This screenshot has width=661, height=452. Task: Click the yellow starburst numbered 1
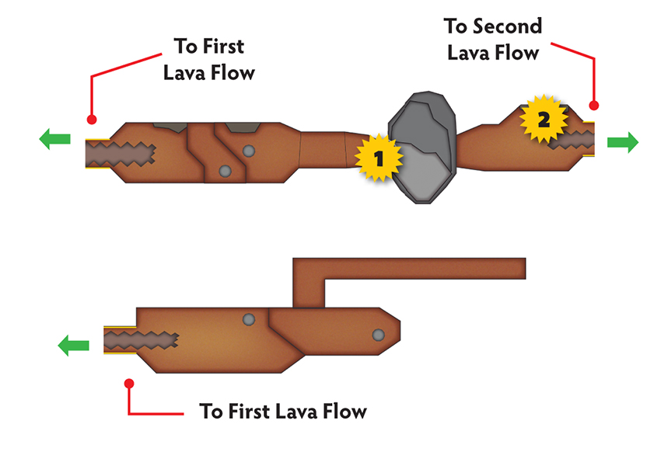379,158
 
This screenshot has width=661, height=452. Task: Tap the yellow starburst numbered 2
544,119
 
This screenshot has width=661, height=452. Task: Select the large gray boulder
422,148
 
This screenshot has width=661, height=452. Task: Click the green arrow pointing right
623,142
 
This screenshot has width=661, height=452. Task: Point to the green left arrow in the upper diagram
54,139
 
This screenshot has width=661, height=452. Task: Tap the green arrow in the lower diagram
73,346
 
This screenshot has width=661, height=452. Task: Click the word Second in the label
507,26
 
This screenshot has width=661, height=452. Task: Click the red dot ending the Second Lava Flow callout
593,105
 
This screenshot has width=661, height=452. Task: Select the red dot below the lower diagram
129,384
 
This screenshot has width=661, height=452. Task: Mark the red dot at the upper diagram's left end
92,120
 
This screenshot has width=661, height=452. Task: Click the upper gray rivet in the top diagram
249,151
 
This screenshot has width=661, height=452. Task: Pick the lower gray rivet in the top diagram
225,172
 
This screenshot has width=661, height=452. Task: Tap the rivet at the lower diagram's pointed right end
378,335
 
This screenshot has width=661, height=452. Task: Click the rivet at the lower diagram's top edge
249,319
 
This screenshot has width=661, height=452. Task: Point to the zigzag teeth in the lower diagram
141,340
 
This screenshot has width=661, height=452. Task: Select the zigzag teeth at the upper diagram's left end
121,154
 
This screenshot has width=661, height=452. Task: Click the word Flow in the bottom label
344,411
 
